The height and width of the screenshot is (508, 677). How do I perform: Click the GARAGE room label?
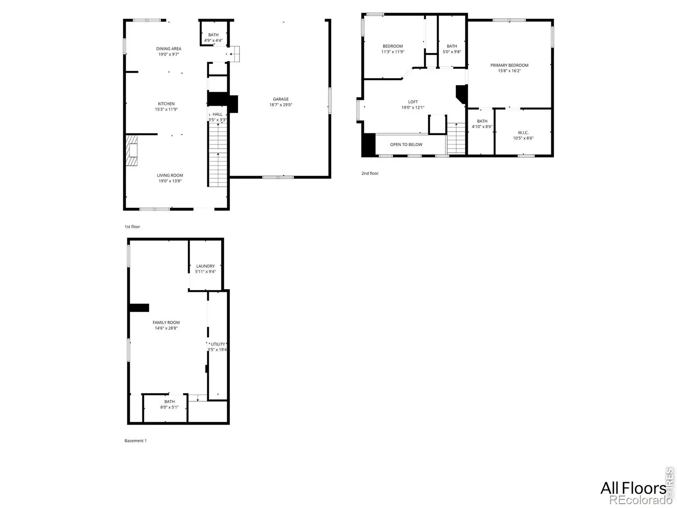point(281,99)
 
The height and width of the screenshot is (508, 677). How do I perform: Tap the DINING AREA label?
point(168,49)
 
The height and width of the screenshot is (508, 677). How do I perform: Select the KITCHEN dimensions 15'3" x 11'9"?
point(166,109)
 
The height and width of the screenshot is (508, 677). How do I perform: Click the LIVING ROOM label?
point(170,175)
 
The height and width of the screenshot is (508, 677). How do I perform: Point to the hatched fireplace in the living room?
point(132,150)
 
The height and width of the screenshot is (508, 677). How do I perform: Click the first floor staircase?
point(218,154)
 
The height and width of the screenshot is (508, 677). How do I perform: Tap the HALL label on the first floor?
point(217,114)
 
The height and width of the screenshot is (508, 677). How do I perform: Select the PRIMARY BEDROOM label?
point(509,65)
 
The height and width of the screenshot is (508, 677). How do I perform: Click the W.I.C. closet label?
point(523,133)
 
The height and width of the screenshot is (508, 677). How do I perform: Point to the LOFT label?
point(413,102)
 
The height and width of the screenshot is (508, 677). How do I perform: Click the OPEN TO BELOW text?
point(406,144)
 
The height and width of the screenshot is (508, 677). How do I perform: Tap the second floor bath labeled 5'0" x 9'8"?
point(452,49)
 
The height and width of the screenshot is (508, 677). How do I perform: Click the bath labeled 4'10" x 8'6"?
point(482,124)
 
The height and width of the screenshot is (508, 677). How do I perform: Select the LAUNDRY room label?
point(205,266)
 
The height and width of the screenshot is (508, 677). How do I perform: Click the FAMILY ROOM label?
point(166,322)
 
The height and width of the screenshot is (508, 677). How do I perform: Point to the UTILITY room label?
point(218,344)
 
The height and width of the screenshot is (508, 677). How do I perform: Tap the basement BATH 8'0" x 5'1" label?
point(169,404)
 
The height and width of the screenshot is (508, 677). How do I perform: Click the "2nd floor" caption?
point(370,173)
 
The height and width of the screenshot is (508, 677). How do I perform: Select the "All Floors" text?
point(633,488)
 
